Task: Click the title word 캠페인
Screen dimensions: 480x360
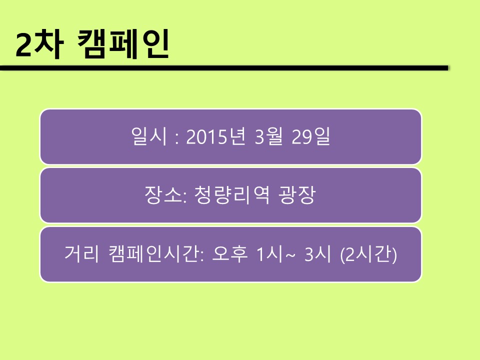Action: coord(123,43)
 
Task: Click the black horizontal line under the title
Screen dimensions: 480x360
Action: coord(224,68)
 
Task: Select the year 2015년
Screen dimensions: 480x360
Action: coord(216,136)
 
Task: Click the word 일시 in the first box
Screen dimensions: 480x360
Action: coord(149,136)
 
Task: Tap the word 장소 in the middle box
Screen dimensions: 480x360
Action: coord(163,195)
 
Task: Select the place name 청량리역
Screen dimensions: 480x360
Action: coord(231,195)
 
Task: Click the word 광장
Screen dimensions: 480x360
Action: coord(297,195)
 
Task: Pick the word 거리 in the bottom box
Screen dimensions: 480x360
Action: coord(82,254)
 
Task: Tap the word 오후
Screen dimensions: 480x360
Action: coord(229,254)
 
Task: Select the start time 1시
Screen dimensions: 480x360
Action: coord(269,254)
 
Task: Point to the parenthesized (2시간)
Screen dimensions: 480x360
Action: coord(368,254)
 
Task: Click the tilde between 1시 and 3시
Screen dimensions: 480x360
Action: coord(290,254)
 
